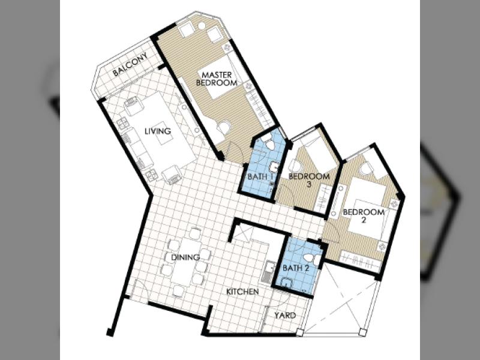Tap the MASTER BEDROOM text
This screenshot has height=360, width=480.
(x=217, y=79)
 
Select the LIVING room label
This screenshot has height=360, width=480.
(x=158, y=131)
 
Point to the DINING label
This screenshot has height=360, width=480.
(x=185, y=257)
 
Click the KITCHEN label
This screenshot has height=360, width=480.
(x=242, y=292)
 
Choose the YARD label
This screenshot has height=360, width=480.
(x=285, y=316)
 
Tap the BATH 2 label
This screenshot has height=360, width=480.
(x=296, y=268)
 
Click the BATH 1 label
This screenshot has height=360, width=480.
(x=260, y=176)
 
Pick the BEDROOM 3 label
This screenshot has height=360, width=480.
(x=309, y=180)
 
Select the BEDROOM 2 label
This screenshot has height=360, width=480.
(x=364, y=216)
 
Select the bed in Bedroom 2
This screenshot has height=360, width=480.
(x=367, y=208)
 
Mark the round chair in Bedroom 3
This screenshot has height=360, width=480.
(x=295, y=166)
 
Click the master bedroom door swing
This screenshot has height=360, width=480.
(x=235, y=152)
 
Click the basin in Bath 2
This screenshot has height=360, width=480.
(x=286, y=283)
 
